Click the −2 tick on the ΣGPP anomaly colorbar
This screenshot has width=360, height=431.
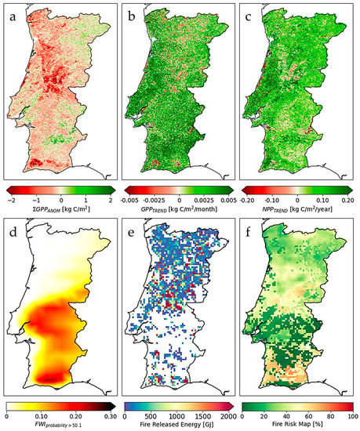pyautogui.click(x=11, y=199)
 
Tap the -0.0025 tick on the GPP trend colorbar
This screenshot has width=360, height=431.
pyautogui.click(x=153, y=199)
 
